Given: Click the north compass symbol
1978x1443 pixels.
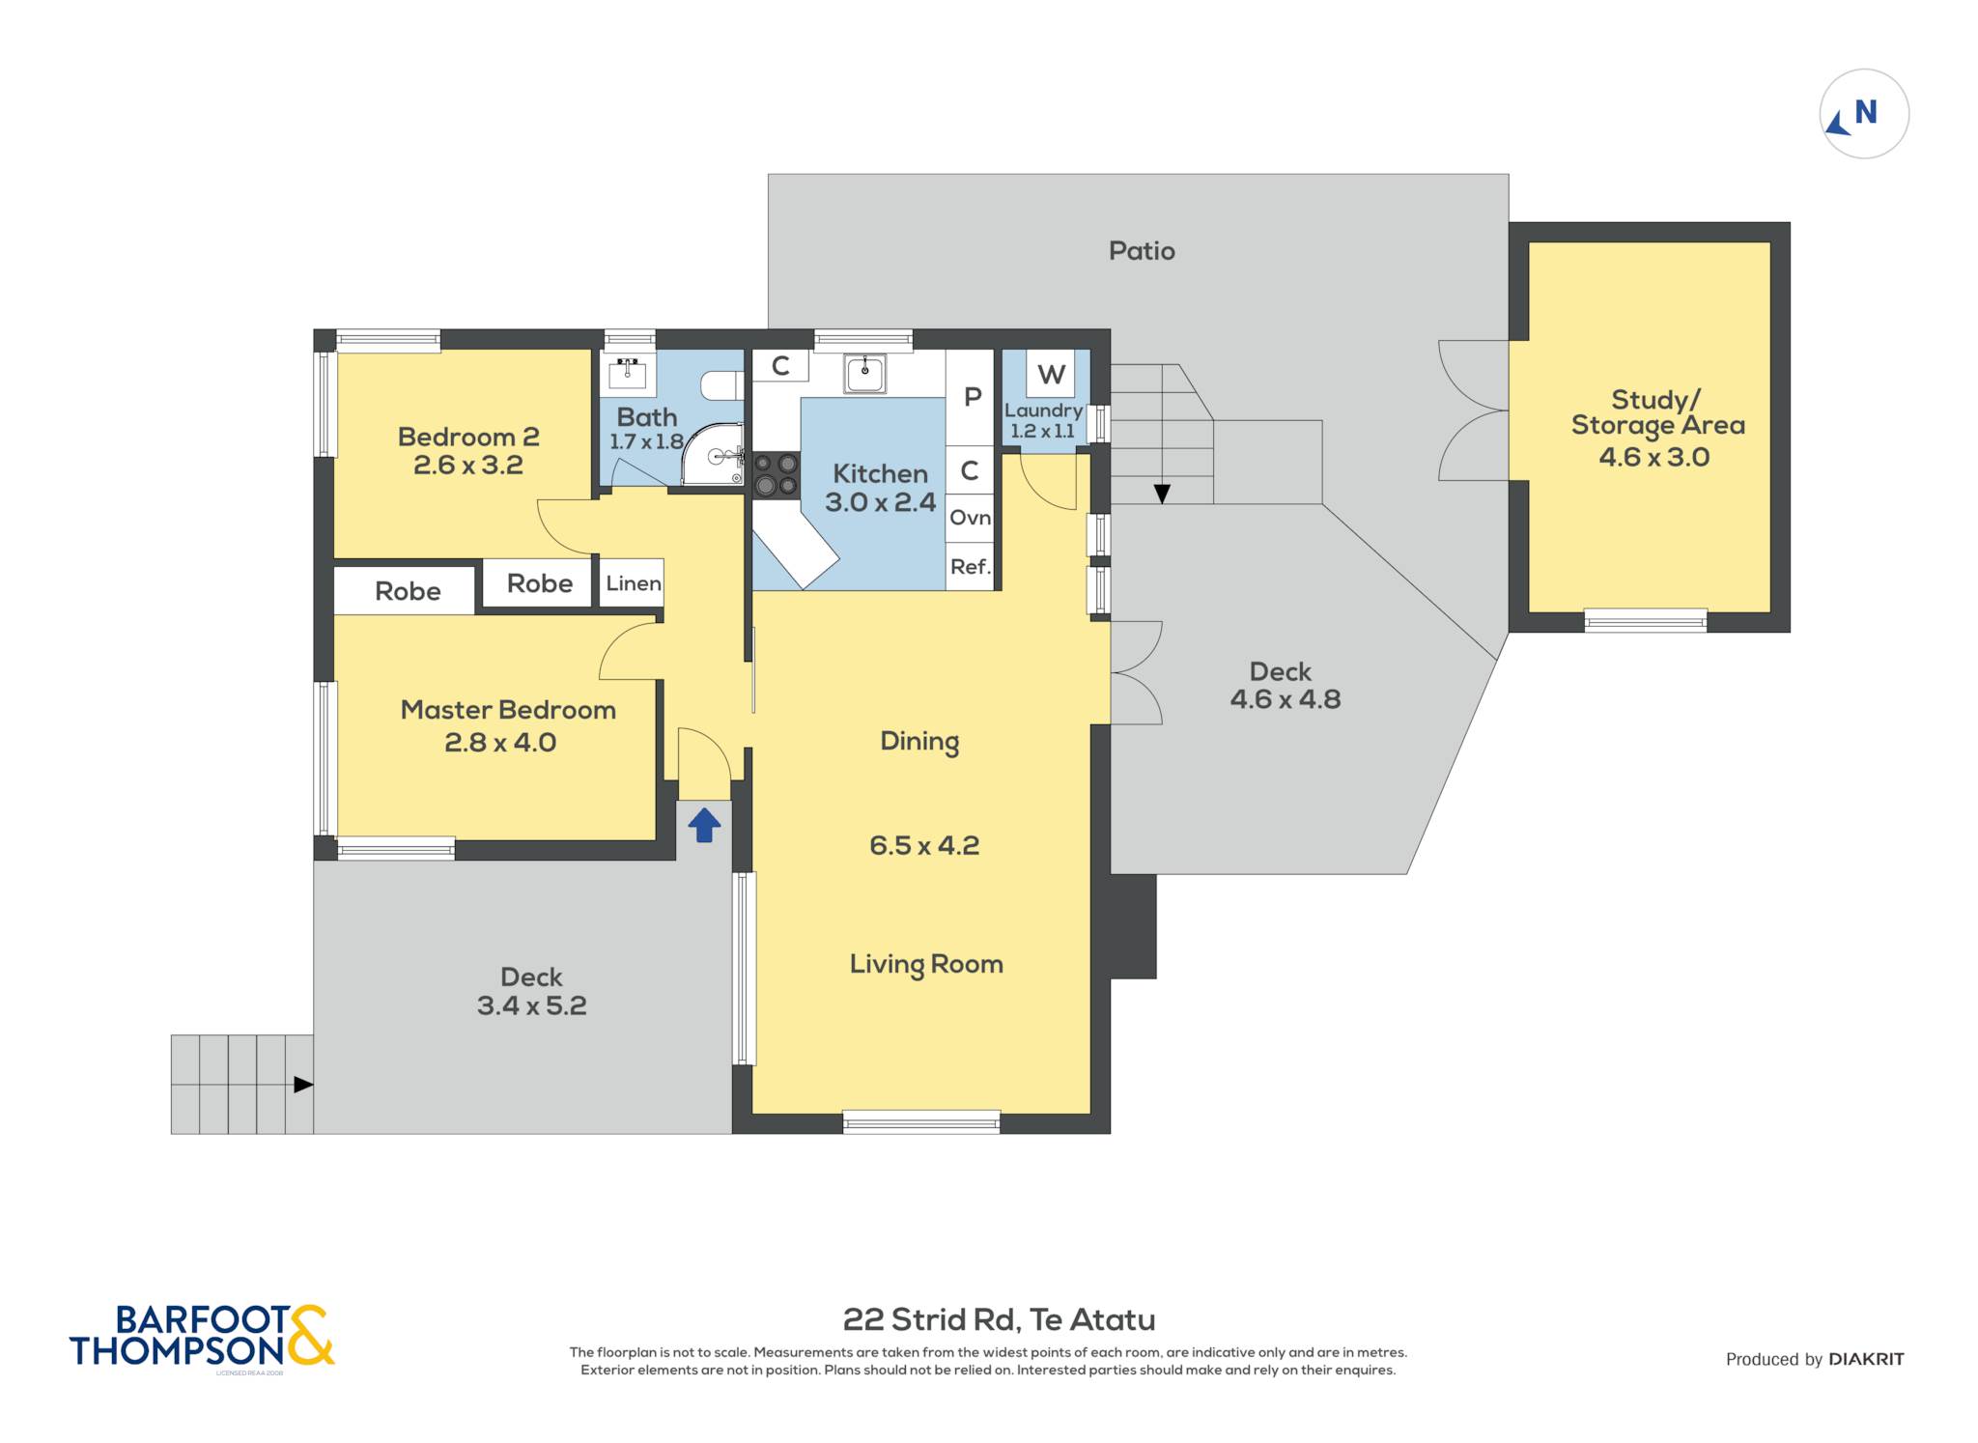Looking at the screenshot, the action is click(1864, 114).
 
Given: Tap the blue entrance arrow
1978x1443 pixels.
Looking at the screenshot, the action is click(704, 824).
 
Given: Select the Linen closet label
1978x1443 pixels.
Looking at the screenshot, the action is click(634, 583).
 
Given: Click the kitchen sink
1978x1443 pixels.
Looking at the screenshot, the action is click(864, 373).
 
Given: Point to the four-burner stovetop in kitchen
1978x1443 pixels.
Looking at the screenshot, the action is click(777, 474).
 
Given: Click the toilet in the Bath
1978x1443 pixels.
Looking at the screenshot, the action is click(721, 385).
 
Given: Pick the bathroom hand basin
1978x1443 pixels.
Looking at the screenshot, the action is click(628, 372).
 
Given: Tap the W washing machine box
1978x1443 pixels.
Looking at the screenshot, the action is click(1051, 373).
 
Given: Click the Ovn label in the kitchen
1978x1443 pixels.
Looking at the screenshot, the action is click(970, 518).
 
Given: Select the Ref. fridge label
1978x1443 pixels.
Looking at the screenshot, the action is click(970, 567).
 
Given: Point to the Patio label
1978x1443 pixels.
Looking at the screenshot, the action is click(1142, 251).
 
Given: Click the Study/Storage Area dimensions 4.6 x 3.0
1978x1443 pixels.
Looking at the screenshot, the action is click(1654, 457).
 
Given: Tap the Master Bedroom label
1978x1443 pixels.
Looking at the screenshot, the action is click(508, 710).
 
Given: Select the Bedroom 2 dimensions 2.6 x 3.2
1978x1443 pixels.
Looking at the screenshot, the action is click(468, 465).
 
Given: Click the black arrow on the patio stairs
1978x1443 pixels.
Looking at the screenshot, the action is click(1162, 494).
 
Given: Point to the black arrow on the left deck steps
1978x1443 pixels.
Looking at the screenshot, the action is click(303, 1085).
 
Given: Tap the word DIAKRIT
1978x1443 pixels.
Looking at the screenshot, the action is click(1866, 1359).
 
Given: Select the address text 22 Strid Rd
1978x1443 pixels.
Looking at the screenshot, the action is click(930, 1319).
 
